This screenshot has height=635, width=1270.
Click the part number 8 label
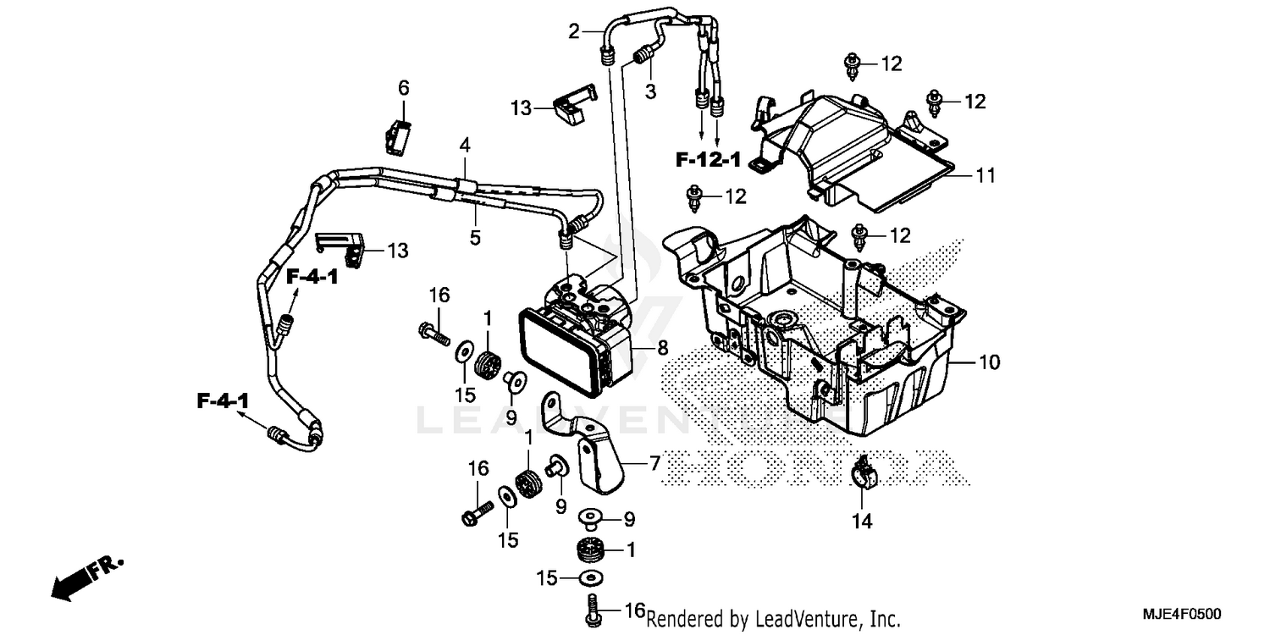pos(662,346)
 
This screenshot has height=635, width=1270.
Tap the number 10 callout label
pos(990,363)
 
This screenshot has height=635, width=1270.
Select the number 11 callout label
pos(985,176)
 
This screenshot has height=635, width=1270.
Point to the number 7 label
pos(654,464)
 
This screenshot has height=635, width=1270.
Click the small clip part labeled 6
pos(398,135)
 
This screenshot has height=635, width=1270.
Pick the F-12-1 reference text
pos(708,158)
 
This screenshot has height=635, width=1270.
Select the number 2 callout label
pos(574,32)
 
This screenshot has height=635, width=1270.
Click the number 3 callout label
pos(650,91)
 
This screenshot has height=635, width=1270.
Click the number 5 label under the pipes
pos(475,238)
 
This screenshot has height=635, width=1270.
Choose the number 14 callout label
pos(861,522)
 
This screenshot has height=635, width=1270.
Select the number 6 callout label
pos(404,87)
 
